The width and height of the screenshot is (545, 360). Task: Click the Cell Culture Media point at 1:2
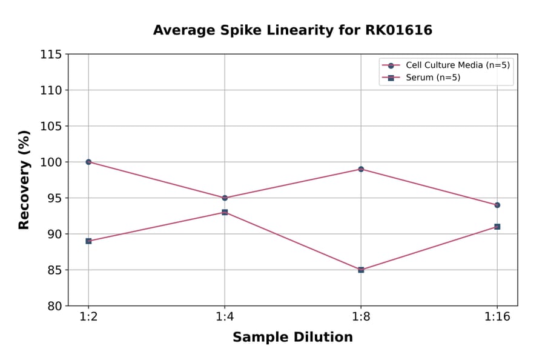click(88, 162)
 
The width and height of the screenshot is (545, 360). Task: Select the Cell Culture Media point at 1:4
click(225, 198)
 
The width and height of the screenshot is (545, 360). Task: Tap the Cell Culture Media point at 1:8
click(361, 169)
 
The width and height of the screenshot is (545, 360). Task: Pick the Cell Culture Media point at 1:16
click(497, 205)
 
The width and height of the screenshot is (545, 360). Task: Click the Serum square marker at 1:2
click(88, 241)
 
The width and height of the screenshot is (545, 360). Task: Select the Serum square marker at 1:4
click(225, 212)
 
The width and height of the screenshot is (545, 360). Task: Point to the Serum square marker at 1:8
click(361, 270)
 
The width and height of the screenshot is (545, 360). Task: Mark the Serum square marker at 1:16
click(497, 227)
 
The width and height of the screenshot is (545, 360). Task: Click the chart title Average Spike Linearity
click(292, 30)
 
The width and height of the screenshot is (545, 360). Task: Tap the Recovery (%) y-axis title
click(24, 179)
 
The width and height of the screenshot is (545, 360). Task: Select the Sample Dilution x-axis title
click(292, 338)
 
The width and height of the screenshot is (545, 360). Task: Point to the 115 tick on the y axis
click(51, 55)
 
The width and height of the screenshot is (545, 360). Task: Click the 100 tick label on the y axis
click(51, 162)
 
